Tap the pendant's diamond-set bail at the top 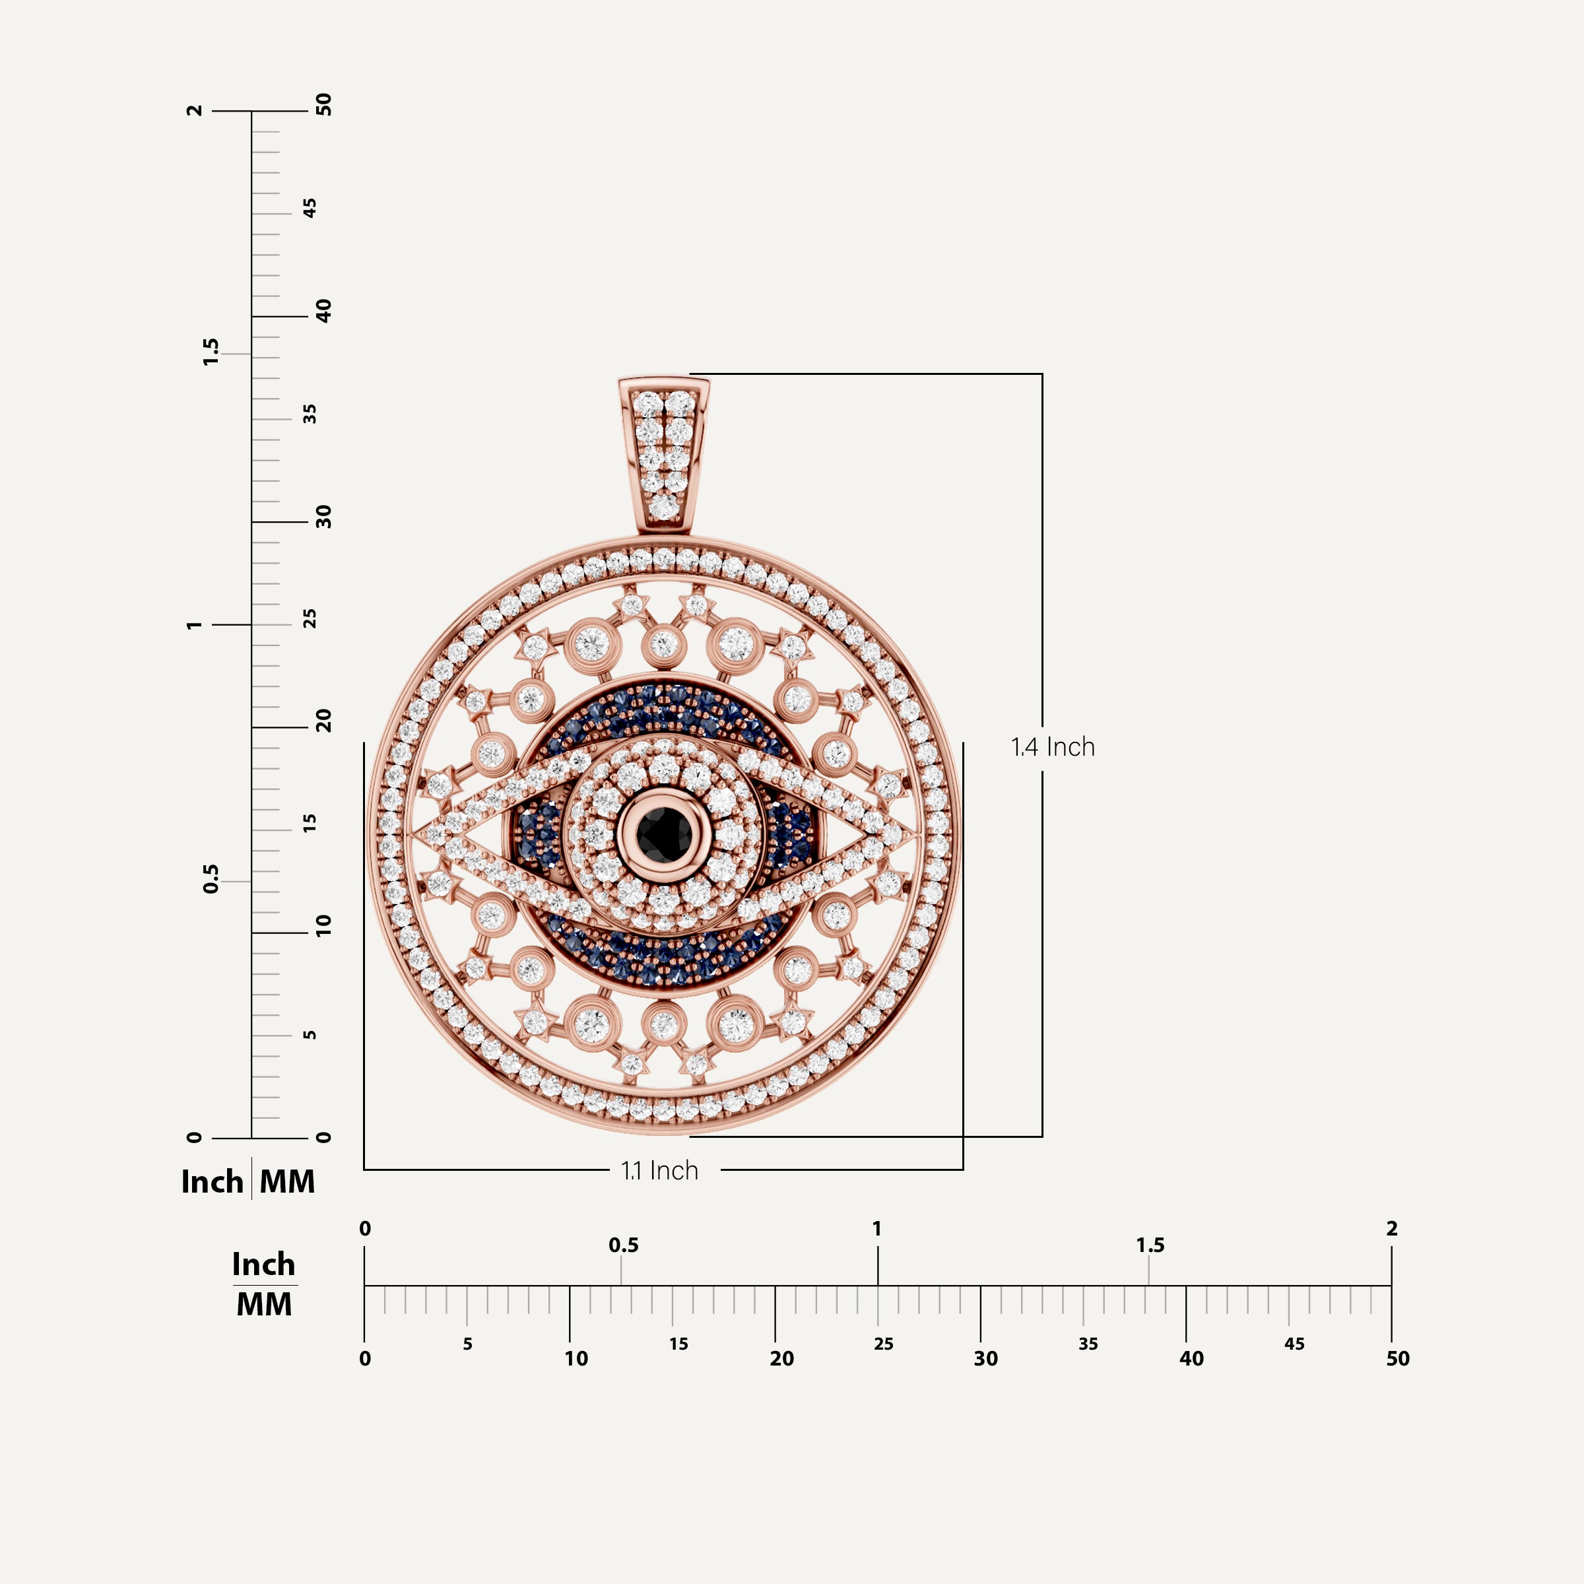click(664, 455)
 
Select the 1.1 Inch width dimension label click(660, 1171)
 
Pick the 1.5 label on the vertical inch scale click(211, 352)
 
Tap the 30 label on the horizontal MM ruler click(985, 1358)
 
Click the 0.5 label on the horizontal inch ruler click(623, 1245)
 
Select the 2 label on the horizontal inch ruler click(1391, 1228)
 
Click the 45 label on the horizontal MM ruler click(1294, 1344)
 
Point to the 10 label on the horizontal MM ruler click(576, 1358)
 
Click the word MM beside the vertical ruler click(287, 1181)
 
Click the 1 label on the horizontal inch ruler click(876, 1228)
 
